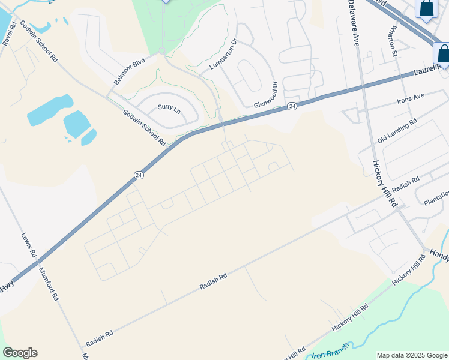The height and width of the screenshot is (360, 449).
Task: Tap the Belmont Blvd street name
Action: (x=130, y=71)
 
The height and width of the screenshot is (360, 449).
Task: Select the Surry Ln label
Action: (x=169, y=109)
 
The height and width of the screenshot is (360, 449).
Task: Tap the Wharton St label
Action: (x=393, y=37)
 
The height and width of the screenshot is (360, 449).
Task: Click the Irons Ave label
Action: (x=411, y=96)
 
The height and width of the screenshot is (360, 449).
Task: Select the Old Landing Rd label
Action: (x=397, y=131)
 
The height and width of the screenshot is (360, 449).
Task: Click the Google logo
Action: (x=20, y=353)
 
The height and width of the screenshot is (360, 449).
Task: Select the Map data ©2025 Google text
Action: (x=411, y=355)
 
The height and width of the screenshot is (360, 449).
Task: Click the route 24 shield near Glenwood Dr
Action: (x=292, y=106)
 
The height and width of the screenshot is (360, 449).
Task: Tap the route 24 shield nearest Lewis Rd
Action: (x=139, y=175)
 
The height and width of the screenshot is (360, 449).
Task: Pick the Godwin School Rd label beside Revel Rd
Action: (x=39, y=41)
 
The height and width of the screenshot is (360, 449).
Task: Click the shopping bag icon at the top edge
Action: (x=427, y=8)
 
